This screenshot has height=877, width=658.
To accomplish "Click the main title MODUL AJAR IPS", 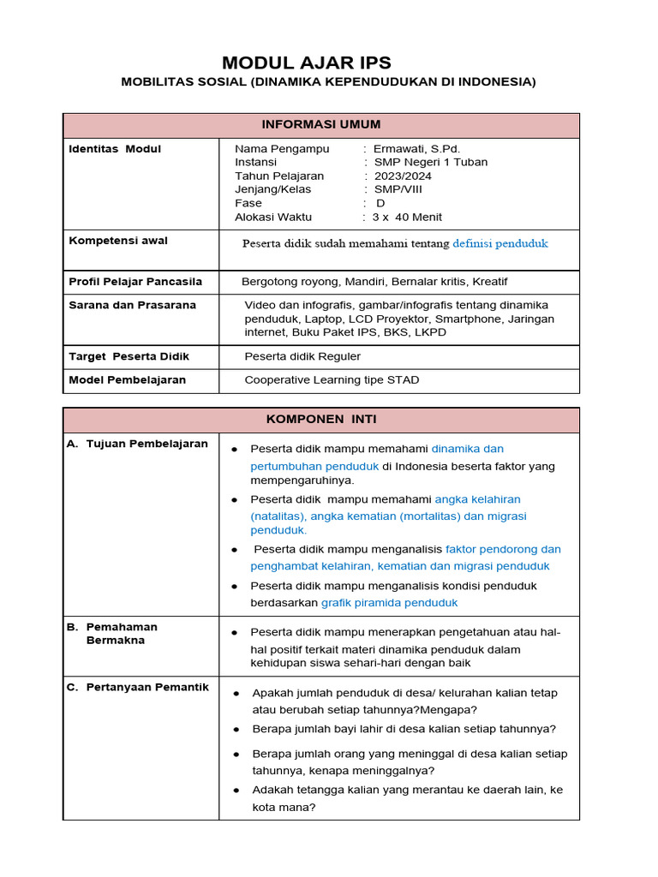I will [307, 63].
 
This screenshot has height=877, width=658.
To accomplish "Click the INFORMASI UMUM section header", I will [321, 125].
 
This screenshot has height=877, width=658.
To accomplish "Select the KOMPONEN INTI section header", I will [321, 420].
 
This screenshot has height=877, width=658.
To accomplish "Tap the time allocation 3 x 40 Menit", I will [407, 218].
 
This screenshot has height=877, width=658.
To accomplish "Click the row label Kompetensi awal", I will [118, 241].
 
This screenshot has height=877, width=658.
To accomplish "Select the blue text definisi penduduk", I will [500, 244].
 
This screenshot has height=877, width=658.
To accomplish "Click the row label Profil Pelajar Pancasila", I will [135, 282].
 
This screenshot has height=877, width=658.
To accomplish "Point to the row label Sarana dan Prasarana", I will [132, 305].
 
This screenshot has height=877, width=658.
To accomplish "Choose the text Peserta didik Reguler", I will [302, 356].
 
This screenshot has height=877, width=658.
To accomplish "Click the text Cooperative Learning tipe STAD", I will [332, 380].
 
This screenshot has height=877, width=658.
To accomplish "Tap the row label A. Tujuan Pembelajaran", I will [137, 444].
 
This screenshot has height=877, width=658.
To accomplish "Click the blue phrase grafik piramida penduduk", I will [390, 603].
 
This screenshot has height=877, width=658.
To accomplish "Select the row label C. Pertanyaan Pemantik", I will [137, 688].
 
